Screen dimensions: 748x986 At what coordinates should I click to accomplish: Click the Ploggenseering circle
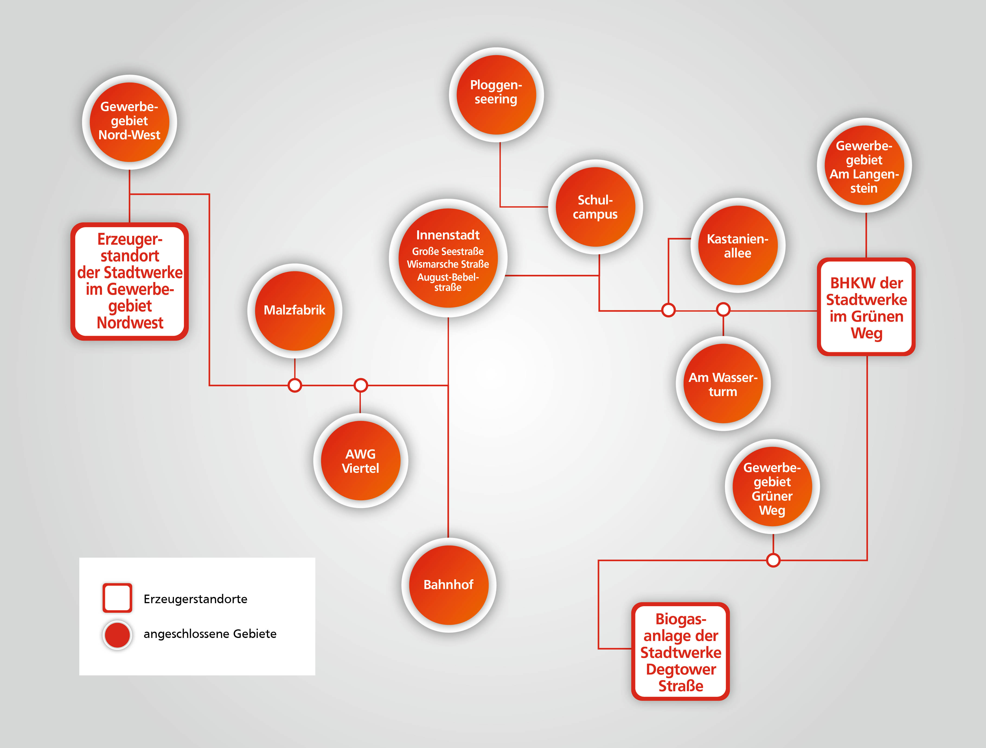point(496,95)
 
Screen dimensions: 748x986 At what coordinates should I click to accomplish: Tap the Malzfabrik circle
point(295,311)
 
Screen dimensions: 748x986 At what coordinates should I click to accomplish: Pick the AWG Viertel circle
point(361,461)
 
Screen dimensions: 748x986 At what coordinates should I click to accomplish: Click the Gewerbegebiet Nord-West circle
point(129,122)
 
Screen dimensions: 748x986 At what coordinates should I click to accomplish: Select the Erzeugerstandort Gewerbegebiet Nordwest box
point(130,281)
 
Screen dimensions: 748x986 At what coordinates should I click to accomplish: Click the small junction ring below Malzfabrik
point(295,385)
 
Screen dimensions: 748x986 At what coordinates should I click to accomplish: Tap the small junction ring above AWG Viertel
point(361,385)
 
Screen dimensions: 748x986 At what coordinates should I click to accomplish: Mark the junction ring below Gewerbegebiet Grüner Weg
point(773,560)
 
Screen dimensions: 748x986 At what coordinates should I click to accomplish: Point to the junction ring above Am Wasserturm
point(723,309)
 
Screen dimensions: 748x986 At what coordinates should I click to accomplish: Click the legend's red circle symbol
point(117,635)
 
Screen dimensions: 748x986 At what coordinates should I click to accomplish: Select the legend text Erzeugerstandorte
point(195,599)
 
